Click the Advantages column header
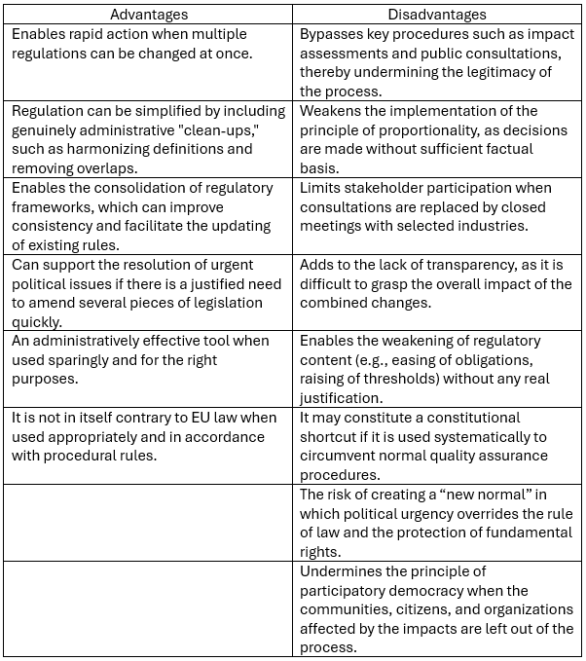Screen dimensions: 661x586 pyautogui.click(x=149, y=15)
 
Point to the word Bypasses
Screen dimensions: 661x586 pyautogui.click(x=332, y=34)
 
